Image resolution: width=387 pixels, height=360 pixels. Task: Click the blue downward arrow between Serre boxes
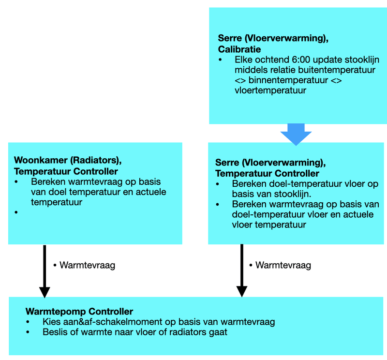[x=296, y=134]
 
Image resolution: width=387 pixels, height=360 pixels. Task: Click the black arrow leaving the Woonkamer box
[x=45, y=271]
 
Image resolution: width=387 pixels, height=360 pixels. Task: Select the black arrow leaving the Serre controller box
[x=242, y=271]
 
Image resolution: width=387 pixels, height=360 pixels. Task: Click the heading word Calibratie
[x=239, y=49]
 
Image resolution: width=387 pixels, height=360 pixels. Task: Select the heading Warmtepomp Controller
[x=79, y=312]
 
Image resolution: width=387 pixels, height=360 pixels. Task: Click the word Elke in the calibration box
[x=244, y=60]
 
